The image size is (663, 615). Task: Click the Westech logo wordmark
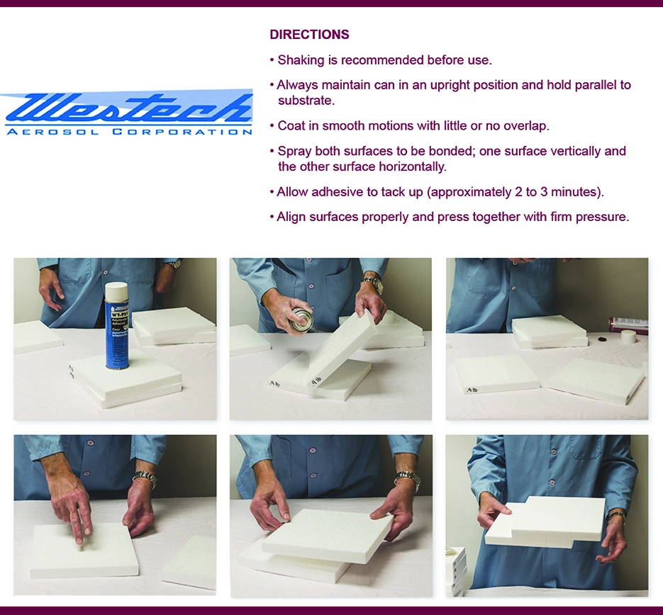pyautogui.click(x=128, y=108)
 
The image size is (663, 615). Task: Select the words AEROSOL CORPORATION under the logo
pyautogui.click(x=128, y=132)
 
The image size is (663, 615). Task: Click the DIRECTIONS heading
pyautogui.click(x=309, y=35)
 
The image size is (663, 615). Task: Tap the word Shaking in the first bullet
pyautogui.click(x=301, y=60)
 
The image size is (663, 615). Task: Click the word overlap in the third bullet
pyautogui.click(x=523, y=126)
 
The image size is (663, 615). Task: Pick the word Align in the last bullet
pyautogui.click(x=291, y=217)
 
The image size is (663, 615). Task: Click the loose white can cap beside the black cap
pyautogui.click(x=628, y=337)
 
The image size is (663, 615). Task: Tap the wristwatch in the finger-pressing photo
pyautogui.click(x=145, y=479)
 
